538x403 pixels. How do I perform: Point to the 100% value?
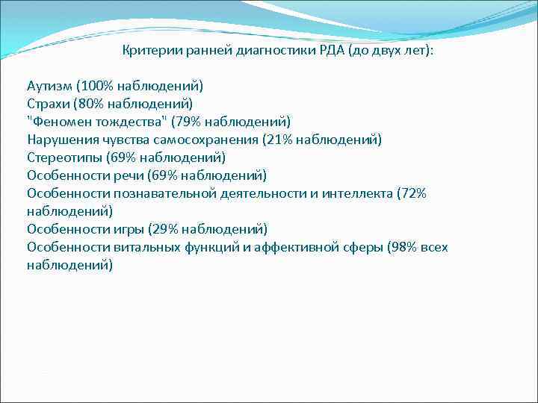pyautogui.click(x=102, y=85)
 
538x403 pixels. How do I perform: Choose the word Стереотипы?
pyautogui.click(x=63, y=157)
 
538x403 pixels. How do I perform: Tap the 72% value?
pyautogui.click(x=413, y=193)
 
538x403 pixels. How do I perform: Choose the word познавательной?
pyautogui.click(x=165, y=193)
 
